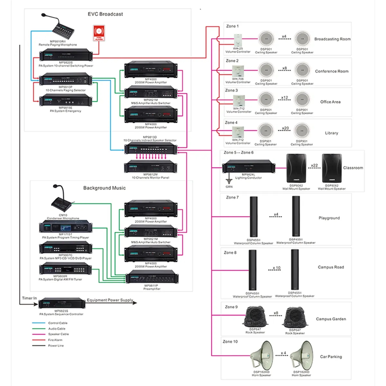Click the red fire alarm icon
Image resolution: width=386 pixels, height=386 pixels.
pos(99,33)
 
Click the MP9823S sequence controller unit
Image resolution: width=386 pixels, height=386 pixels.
pos(61,303)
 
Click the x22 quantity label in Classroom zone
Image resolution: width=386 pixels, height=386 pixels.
pos(314,166)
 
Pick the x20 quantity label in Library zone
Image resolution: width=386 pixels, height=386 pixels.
pos(285,128)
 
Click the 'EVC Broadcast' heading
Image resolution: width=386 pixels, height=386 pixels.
pos(105,14)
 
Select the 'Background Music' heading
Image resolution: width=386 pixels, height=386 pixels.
pos(104,188)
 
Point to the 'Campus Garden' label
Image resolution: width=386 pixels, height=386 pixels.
pos(331,319)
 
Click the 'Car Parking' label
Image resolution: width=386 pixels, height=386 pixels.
pos(331,357)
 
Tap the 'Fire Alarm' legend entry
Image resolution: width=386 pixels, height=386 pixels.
pos(55,340)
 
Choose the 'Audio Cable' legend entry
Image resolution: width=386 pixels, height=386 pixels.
pos(57,329)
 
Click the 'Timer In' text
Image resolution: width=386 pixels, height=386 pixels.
pos(29,298)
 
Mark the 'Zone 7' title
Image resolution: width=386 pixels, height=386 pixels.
pos(232,198)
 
